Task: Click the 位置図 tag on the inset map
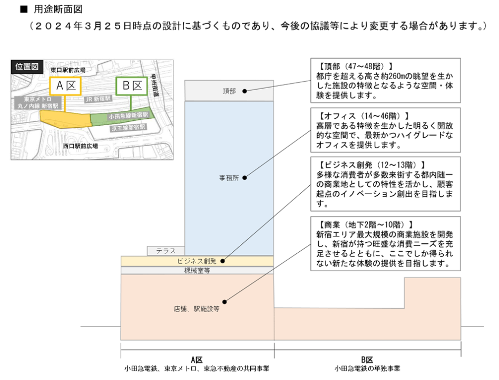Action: pos(26,66)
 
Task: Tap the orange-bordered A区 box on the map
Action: pos(65,87)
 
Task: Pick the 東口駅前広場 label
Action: pos(68,69)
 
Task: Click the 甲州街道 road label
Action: pos(156,84)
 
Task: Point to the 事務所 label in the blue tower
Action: pos(229,178)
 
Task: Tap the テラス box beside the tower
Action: pos(165,251)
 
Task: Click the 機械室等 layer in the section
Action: pos(197,270)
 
